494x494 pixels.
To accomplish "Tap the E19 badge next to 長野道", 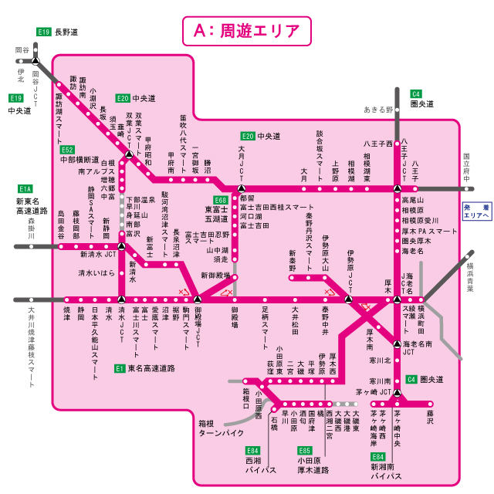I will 44,32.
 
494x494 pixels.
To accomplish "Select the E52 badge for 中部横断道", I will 67,150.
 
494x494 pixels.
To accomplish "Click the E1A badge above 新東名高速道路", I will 25,188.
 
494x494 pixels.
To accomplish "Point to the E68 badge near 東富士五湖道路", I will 221,199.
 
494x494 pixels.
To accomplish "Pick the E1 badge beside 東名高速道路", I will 120,368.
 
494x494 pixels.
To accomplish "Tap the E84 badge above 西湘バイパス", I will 252,450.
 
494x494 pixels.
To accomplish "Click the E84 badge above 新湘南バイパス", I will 377,456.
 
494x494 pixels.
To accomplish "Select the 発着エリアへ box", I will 476,211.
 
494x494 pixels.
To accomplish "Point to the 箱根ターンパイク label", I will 222,428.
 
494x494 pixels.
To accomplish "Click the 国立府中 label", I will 466,169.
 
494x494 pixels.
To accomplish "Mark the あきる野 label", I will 379,110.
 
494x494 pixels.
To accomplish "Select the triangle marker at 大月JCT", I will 242,188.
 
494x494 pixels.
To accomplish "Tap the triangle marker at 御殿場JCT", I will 198,299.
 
